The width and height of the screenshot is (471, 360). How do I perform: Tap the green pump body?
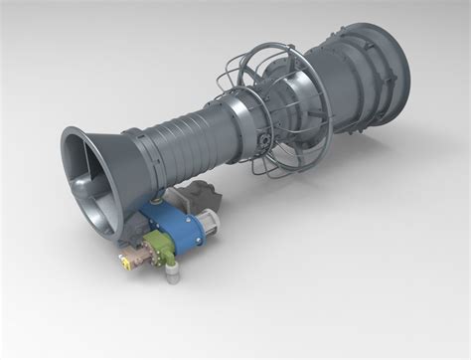[x=159, y=251]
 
